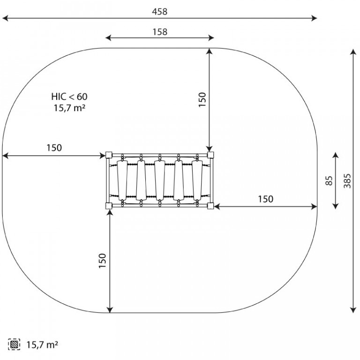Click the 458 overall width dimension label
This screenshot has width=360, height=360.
point(159,11)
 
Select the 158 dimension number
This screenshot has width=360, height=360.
point(160,32)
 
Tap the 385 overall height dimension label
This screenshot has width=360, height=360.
point(347,180)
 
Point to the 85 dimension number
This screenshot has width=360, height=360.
point(329,180)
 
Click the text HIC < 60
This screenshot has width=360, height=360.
point(69,97)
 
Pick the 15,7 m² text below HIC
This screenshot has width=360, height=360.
point(70,108)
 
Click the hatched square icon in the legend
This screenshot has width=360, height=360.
point(14,345)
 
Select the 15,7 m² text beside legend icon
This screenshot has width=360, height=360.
point(42,345)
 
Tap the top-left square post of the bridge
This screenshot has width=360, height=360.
point(109,155)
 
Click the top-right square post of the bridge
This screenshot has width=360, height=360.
point(210,155)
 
